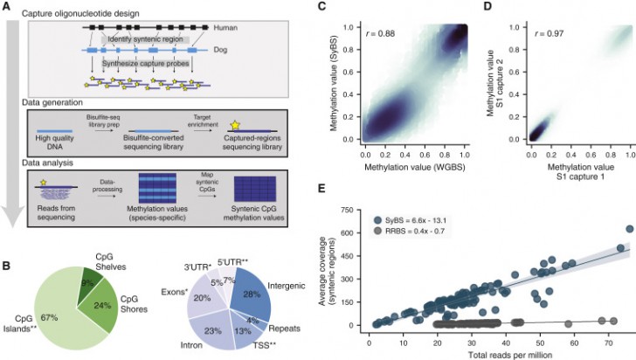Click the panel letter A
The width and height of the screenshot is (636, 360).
[8, 7]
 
